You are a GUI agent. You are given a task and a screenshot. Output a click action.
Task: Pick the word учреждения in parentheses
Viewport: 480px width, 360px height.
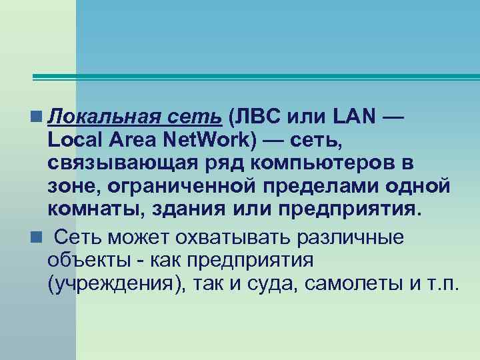[117, 285]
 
